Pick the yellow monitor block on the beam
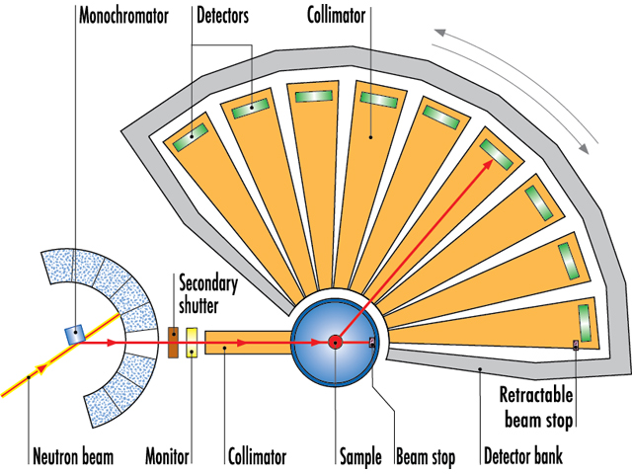pos(192,343)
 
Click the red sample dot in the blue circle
pos(336,343)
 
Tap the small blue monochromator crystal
pos(71,334)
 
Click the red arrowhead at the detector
pos(490,148)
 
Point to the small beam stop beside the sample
pos(372,343)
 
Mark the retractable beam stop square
pos(576,345)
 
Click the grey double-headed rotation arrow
pos(516,85)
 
